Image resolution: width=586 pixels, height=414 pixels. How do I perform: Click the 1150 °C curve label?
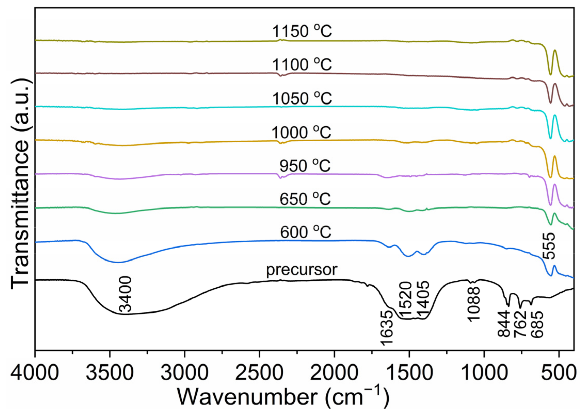pos(302,31)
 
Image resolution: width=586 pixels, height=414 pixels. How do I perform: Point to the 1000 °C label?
pos(301,133)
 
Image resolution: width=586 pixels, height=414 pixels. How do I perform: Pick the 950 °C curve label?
pos(305,166)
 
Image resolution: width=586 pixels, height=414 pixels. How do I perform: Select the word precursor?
pos(301,270)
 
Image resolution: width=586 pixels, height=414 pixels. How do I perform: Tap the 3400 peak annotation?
pos(125,294)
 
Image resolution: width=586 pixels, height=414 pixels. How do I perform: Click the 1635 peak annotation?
pos(386,328)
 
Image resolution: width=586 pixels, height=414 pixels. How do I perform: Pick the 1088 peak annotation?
pos(473,304)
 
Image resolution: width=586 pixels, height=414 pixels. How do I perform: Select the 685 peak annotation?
pos(537,324)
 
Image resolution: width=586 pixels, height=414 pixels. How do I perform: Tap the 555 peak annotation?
pos(548,246)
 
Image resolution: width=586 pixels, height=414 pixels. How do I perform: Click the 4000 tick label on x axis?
pos(35,373)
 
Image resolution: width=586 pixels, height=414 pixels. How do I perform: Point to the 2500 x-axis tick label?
pos(259,373)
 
